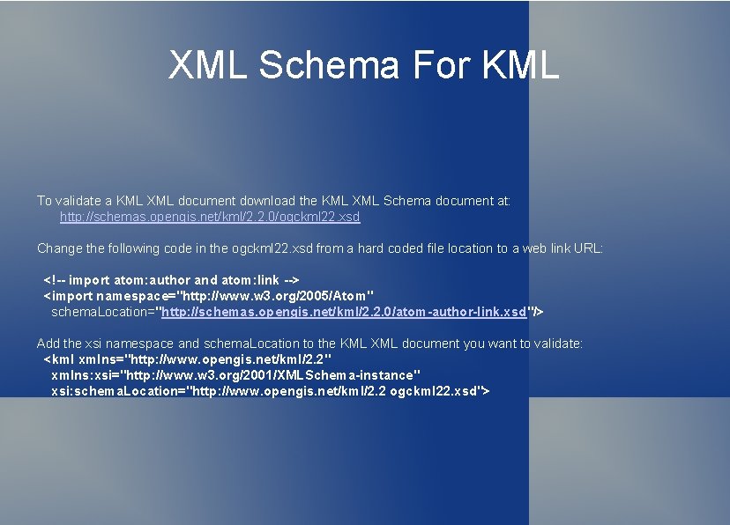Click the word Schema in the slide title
click(x=332, y=65)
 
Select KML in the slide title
click(x=520, y=65)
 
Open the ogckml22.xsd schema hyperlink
click(x=210, y=217)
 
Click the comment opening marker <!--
click(x=54, y=280)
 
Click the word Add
click(x=48, y=344)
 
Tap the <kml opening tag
click(x=59, y=359)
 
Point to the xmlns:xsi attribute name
click(x=81, y=375)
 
